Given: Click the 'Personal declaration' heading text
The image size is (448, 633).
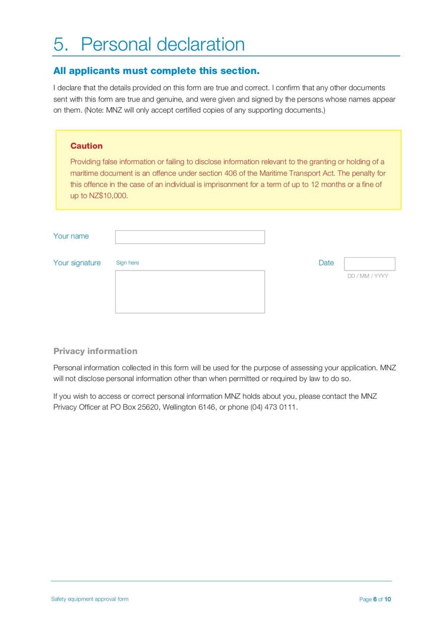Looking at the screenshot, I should (x=162, y=44).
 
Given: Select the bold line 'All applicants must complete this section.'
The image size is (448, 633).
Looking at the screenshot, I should (x=156, y=71).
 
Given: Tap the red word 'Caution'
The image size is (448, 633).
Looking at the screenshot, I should (x=86, y=146).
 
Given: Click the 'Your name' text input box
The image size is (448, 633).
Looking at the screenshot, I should (x=190, y=237).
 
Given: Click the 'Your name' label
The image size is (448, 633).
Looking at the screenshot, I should (x=71, y=236).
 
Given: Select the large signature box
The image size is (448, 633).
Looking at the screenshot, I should (x=190, y=291).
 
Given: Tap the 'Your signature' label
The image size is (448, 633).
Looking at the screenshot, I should (x=77, y=263).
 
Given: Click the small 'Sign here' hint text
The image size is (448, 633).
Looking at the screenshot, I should (x=127, y=263).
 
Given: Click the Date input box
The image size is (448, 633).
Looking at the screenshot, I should (x=369, y=264).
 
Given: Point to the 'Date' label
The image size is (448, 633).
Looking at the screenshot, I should (x=326, y=263).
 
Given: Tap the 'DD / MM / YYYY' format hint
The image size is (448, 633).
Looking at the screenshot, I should (x=367, y=276).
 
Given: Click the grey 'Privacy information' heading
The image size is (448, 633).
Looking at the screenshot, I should (x=95, y=351).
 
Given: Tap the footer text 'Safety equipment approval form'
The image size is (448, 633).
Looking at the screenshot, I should (x=90, y=599).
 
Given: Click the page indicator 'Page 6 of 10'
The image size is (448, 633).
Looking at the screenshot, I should (x=375, y=599).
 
